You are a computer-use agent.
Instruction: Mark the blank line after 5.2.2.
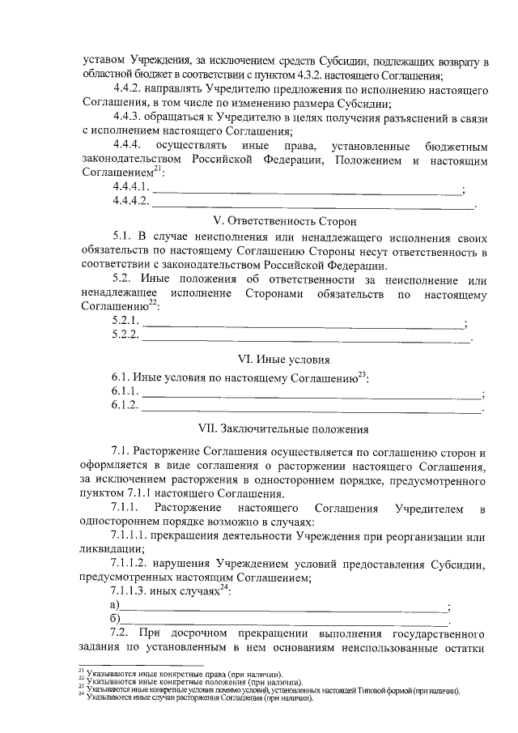[306, 338]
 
